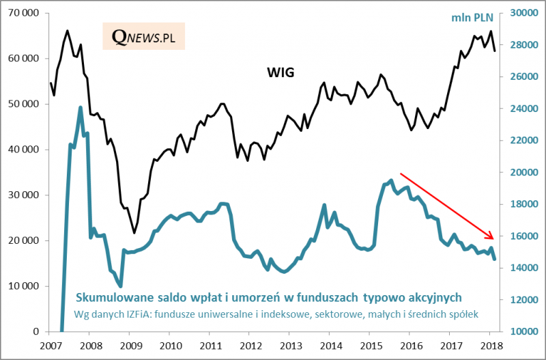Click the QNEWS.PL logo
144,38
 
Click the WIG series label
280,72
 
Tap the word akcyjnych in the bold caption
429,296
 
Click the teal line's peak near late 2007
81,107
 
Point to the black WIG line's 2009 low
134,233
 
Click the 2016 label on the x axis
411,346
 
